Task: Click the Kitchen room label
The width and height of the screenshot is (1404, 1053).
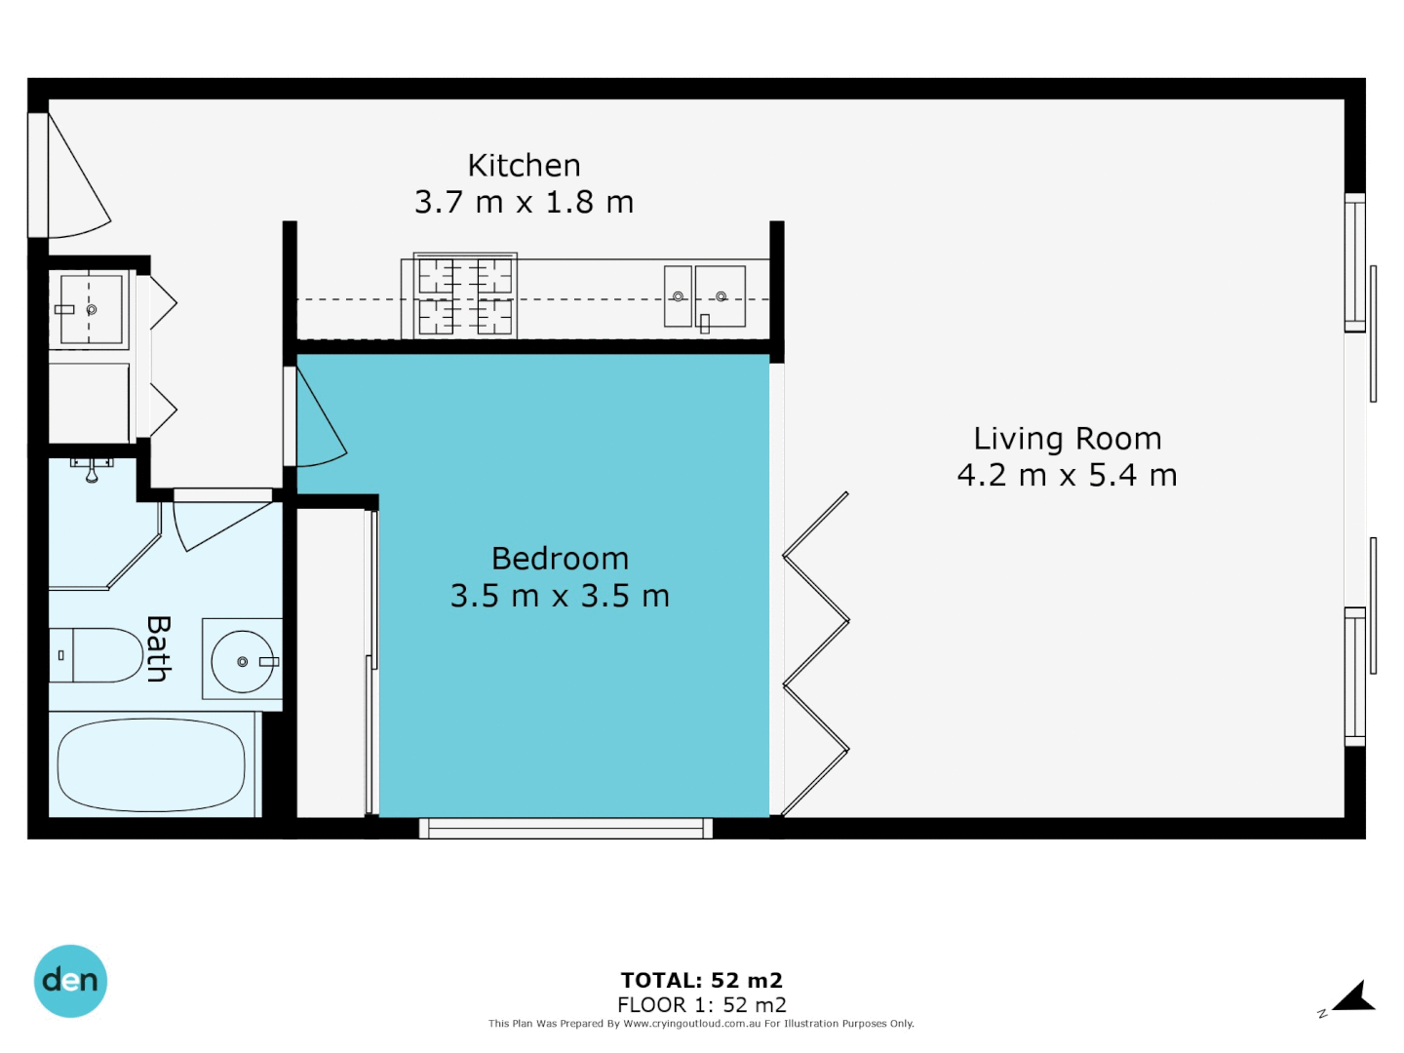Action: (524, 166)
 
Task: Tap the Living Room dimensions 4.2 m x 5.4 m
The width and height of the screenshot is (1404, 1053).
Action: (1067, 476)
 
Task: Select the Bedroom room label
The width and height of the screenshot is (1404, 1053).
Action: (560, 559)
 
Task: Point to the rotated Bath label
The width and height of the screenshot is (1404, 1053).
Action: (158, 648)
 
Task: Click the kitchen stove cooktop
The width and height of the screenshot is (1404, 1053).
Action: (465, 295)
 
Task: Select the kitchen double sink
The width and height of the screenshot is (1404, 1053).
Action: (705, 296)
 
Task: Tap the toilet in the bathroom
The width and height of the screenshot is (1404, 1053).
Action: (97, 655)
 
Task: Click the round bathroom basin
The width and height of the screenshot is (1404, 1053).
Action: (243, 661)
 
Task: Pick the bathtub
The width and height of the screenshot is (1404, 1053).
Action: (151, 765)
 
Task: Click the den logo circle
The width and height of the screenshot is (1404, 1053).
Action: (70, 981)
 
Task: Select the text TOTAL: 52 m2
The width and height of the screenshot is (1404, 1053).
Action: (701, 981)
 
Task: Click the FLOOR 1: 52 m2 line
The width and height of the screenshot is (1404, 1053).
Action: (701, 1005)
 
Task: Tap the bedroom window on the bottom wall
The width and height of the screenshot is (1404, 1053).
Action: (565, 829)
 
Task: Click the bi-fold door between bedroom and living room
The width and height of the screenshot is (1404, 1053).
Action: (815, 653)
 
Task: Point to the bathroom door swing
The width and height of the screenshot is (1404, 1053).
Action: (219, 522)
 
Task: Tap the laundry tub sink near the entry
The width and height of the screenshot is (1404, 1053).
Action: (90, 309)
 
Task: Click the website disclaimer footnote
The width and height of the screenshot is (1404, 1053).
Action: (701, 1024)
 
